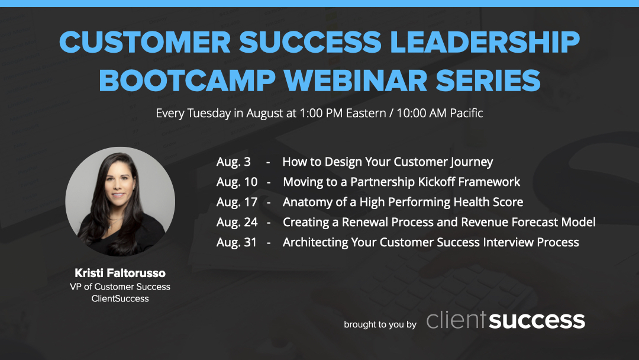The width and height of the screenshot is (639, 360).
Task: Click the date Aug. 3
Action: pyautogui.click(x=234, y=162)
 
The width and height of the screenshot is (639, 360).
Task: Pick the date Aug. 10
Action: pyautogui.click(x=237, y=182)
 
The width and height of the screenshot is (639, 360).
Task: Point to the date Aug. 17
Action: pyautogui.click(x=237, y=202)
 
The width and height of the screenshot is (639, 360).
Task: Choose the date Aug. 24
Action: pyautogui.click(x=237, y=222)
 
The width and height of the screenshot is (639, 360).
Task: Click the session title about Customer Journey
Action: pyautogui.click(x=388, y=162)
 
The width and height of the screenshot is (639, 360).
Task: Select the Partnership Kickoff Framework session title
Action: pyautogui.click(x=402, y=182)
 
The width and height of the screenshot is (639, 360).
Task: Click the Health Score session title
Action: pyautogui.click(x=403, y=202)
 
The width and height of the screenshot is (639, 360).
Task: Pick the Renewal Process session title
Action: pyautogui.click(x=439, y=222)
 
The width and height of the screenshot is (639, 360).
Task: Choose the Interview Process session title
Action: pyautogui.click(x=431, y=242)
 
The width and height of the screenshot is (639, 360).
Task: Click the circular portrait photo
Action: pyautogui.click(x=120, y=202)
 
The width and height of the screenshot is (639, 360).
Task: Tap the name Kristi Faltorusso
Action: pyautogui.click(x=120, y=273)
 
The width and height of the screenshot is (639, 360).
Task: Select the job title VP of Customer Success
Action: pyautogui.click(x=120, y=287)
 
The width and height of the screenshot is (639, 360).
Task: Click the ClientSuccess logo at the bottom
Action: pyautogui.click(x=505, y=320)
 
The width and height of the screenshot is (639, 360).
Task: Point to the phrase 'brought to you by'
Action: pyautogui.click(x=380, y=324)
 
